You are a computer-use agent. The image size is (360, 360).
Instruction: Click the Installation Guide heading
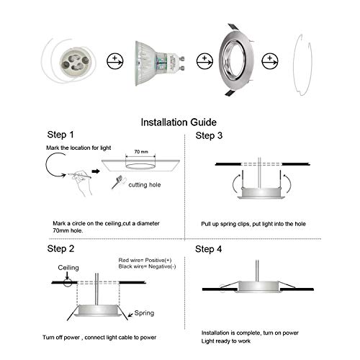tap(179, 122)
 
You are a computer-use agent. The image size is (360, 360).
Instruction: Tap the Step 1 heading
tap(60, 135)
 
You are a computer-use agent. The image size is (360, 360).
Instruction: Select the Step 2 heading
tap(60, 248)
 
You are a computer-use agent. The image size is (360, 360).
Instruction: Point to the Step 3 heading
tap(209, 135)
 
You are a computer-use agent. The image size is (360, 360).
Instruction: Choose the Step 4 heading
tap(208, 249)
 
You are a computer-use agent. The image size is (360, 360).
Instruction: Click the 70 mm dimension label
tap(141, 152)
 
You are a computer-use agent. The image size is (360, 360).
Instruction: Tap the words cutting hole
tap(145, 185)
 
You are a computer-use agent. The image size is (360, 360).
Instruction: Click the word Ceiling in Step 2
tap(68, 268)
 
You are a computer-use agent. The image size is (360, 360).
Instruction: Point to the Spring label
tap(144, 313)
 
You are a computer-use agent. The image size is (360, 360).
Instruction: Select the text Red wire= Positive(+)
tap(145, 260)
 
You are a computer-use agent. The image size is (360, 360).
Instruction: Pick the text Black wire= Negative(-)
tap(147, 266)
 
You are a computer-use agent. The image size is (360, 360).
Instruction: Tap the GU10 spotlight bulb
tap(159, 63)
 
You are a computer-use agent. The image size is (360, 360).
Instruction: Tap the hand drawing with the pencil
tap(81, 182)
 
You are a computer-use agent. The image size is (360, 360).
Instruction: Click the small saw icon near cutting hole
tap(117, 182)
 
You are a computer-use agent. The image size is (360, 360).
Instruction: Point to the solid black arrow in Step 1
tap(96, 171)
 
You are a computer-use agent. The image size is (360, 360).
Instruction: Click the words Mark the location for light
tap(78, 148)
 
